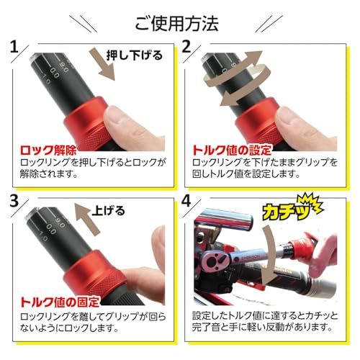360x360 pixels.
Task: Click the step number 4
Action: click(186, 204)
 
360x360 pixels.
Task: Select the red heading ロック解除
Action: click(50, 151)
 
